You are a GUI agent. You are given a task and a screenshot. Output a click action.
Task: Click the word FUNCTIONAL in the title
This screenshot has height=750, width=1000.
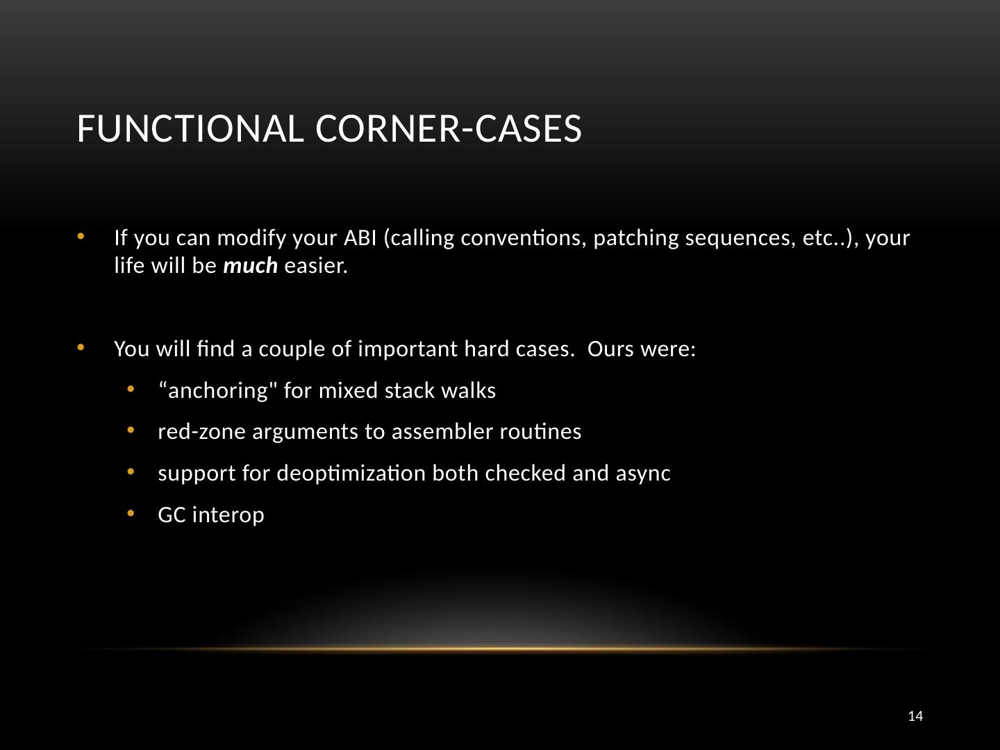[190, 128]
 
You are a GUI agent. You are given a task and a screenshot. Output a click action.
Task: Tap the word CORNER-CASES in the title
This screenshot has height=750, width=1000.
[449, 128]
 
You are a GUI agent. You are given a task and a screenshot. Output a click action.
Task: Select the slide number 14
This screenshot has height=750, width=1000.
[915, 716]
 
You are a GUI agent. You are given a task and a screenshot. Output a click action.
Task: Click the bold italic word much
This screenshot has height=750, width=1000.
[250, 265]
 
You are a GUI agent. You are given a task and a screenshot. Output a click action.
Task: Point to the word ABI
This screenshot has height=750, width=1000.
[360, 237]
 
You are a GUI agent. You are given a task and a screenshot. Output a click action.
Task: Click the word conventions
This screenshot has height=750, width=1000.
[524, 238]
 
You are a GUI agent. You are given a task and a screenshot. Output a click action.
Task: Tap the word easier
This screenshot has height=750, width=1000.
[316, 265]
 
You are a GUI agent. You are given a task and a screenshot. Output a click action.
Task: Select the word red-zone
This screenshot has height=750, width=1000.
[201, 432]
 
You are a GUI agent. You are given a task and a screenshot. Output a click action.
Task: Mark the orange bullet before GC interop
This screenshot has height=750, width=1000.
[131, 514]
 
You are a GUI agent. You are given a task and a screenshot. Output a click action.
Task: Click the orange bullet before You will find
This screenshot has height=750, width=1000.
[81, 348]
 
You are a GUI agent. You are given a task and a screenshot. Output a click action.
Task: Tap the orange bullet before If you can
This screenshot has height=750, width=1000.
[81, 236]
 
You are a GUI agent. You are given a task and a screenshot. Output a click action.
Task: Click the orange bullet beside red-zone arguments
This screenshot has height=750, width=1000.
[131, 431]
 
